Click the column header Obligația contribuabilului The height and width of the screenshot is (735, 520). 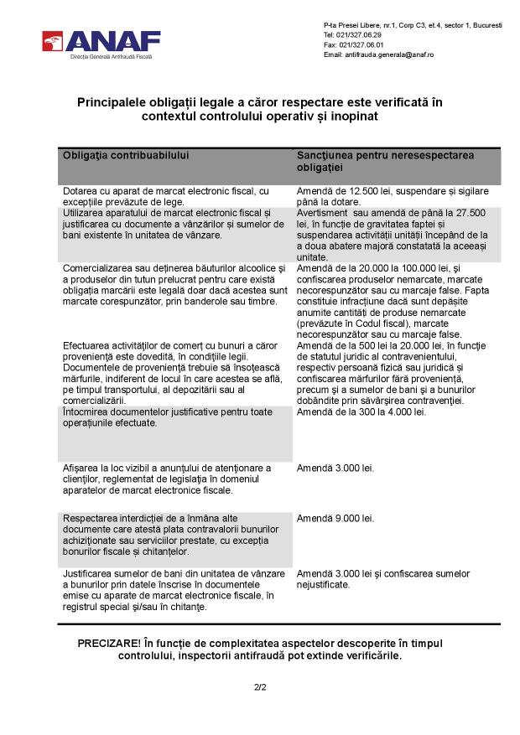click(x=127, y=156)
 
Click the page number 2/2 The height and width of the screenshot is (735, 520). click(x=260, y=688)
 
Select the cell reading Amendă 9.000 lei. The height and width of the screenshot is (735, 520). click(x=335, y=518)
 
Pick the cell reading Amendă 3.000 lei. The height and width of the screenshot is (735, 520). click(x=335, y=467)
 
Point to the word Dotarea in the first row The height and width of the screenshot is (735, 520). click(x=81, y=192)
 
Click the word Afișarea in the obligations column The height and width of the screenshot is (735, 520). click(x=83, y=467)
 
